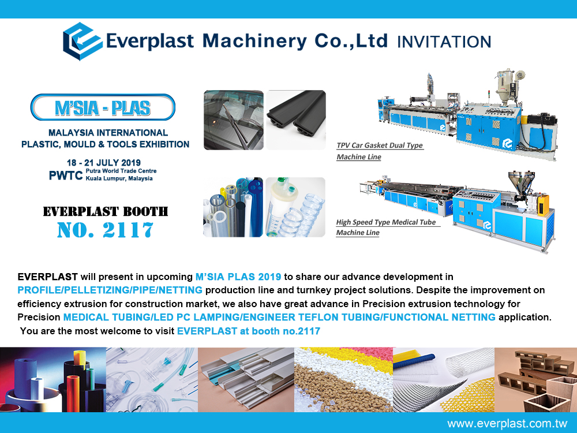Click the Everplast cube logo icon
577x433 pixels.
click(83, 41)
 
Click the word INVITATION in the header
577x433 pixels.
click(444, 42)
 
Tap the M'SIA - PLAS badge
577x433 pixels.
click(103, 107)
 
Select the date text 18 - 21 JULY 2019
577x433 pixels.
click(104, 162)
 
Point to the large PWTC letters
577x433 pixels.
click(66, 176)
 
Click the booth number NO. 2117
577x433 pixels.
click(105, 230)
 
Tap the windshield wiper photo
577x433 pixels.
click(234, 120)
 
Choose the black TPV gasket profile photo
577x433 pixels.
click(296, 120)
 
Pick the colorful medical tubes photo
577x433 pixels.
click(233, 207)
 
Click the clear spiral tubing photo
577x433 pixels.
click(295, 207)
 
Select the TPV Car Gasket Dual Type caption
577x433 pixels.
click(380, 151)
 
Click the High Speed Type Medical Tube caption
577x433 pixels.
click(387, 227)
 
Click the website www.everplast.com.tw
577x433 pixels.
click(507, 423)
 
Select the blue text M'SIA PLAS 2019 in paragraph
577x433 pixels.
click(238, 277)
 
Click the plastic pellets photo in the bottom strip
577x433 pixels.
click(344, 380)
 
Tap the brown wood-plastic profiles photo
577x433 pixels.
click(536, 380)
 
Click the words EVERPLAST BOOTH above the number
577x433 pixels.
click(105, 211)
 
